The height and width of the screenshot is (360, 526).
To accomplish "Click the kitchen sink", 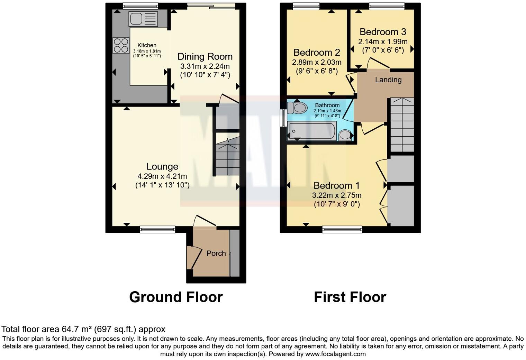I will (x=143, y=19).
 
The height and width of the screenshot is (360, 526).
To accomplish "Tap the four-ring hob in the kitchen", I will (x=120, y=45).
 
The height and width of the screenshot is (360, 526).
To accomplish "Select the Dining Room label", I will (x=205, y=57).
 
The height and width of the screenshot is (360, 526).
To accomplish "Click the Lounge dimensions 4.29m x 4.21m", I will (x=162, y=176).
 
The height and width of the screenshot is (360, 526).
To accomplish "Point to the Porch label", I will (x=216, y=253).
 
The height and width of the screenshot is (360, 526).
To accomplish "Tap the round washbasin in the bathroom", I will (x=345, y=135).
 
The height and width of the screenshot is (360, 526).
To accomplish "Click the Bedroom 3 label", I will (x=382, y=32).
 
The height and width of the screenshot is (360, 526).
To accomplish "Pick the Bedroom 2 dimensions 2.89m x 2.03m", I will (x=316, y=63).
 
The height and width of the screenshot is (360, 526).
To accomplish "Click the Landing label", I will (x=388, y=80).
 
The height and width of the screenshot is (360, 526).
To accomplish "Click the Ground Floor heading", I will (x=176, y=297).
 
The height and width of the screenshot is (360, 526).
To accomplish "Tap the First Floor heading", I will (x=350, y=297).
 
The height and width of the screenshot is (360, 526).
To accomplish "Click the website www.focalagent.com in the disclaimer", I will (x=335, y=354).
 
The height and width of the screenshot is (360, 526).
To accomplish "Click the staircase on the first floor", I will (x=402, y=125).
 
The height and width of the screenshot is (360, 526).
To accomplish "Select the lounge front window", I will (x=157, y=229).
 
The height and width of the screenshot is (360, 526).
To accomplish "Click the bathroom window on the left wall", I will (x=283, y=118).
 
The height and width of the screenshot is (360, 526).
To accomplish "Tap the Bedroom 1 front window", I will (x=342, y=229).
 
